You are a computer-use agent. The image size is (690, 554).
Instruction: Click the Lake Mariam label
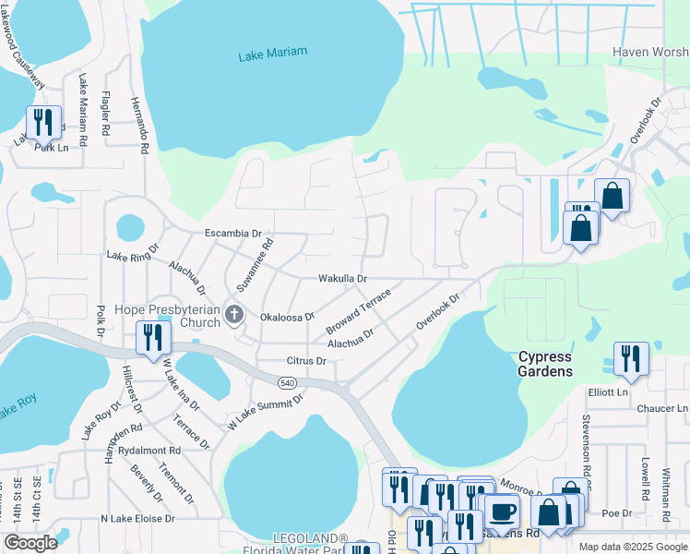click(x=272, y=55)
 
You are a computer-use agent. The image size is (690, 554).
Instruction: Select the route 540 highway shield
click(x=286, y=381)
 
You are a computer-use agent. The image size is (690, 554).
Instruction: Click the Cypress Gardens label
click(x=545, y=364)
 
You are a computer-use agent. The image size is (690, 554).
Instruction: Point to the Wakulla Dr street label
click(x=342, y=278)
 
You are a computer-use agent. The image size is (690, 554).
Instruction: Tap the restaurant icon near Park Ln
click(x=43, y=122)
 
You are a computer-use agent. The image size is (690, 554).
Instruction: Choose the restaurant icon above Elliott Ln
click(x=631, y=358)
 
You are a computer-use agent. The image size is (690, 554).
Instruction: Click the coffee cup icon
click(x=502, y=512)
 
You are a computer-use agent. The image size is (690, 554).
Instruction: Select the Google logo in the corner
click(x=30, y=542)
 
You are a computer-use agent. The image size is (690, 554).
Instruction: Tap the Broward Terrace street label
click(x=359, y=312)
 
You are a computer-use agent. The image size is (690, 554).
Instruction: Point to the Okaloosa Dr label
click(x=288, y=316)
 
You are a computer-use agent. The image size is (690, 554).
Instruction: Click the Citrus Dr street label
click(x=306, y=361)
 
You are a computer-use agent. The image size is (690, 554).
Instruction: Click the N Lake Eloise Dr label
click(x=138, y=519)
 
